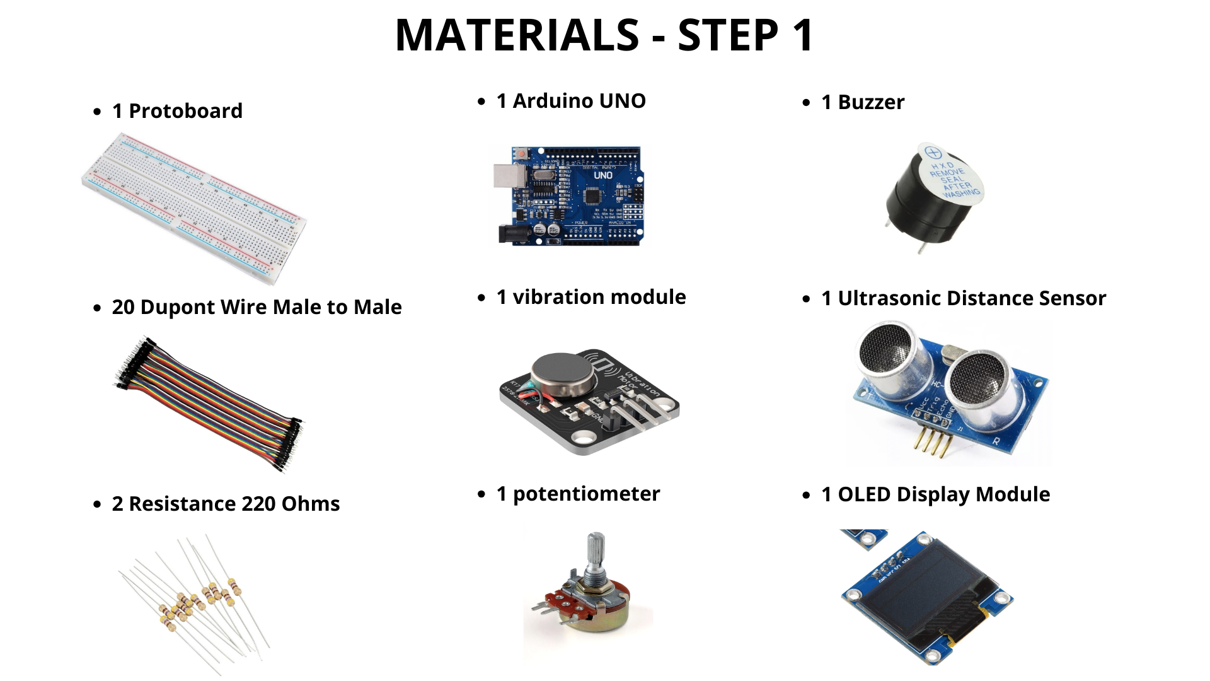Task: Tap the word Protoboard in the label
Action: pos(185,111)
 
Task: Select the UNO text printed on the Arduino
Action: pos(603,175)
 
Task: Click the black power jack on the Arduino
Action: pos(510,235)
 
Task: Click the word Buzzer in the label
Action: pos(871,102)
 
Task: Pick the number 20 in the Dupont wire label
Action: pos(123,307)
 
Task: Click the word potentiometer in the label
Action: pos(586,494)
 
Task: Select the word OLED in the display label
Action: pos(864,494)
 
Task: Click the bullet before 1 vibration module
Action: pos(482,298)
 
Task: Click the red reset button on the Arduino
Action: pos(521,154)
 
